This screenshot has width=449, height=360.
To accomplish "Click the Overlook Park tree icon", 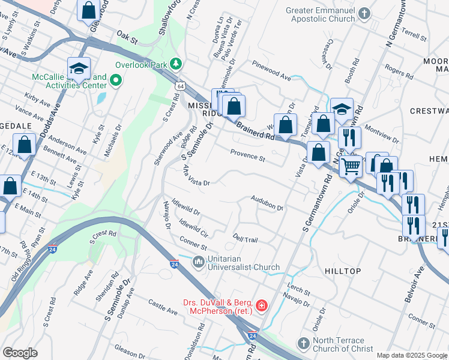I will click(176, 63).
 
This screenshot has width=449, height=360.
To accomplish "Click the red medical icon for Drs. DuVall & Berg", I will click(261, 307).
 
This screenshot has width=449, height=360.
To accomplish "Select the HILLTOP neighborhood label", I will click(343, 271).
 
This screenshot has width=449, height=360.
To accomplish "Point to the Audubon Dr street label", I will click(267, 203).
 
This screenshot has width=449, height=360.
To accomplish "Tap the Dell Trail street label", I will click(246, 239).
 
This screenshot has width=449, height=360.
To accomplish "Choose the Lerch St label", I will click(298, 291).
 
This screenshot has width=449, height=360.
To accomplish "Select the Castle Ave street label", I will click(163, 308).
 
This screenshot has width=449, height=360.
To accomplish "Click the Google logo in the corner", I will click(20, 353).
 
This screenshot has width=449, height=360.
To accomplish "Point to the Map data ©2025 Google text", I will click(411, 355).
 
